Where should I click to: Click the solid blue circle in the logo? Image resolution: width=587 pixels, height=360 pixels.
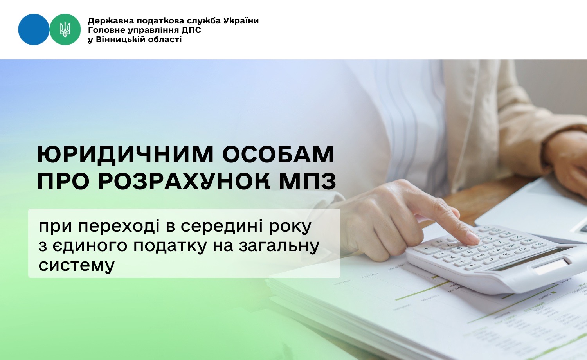[x=34, y=29]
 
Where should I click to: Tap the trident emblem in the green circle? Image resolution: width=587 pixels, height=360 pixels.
[x=65, y=30]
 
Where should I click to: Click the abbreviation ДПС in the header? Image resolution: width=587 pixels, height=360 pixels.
[x=191, y=30]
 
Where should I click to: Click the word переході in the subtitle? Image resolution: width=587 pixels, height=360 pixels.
[x=119, y=227]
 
